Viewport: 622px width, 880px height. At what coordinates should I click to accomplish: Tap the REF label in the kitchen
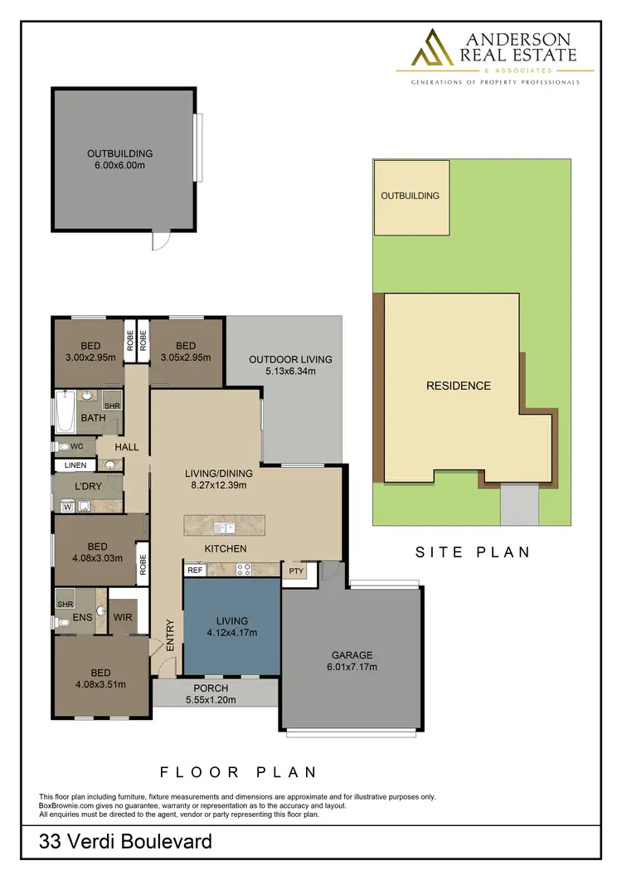coord(195,570)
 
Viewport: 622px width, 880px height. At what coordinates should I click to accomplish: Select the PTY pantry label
coord(295,571)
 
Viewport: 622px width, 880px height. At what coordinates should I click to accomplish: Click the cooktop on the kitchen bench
coord(245,570)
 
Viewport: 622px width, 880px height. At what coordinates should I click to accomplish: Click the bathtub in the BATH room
coord(65,410)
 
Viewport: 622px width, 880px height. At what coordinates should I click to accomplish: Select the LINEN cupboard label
coord(75,464)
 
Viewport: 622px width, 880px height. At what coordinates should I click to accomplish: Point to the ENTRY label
coord(170,633)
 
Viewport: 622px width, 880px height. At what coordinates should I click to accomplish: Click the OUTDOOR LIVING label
coord(290,359)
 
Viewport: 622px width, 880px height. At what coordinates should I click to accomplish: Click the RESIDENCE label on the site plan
coord(458,386)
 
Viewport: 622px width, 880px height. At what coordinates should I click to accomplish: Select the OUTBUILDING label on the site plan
coord(410,196)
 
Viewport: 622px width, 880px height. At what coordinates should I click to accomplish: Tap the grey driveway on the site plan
coord(520,504)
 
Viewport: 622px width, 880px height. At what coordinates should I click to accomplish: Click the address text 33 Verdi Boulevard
coord(125,843)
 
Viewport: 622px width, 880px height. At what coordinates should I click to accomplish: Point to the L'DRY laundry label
coord(87,485)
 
